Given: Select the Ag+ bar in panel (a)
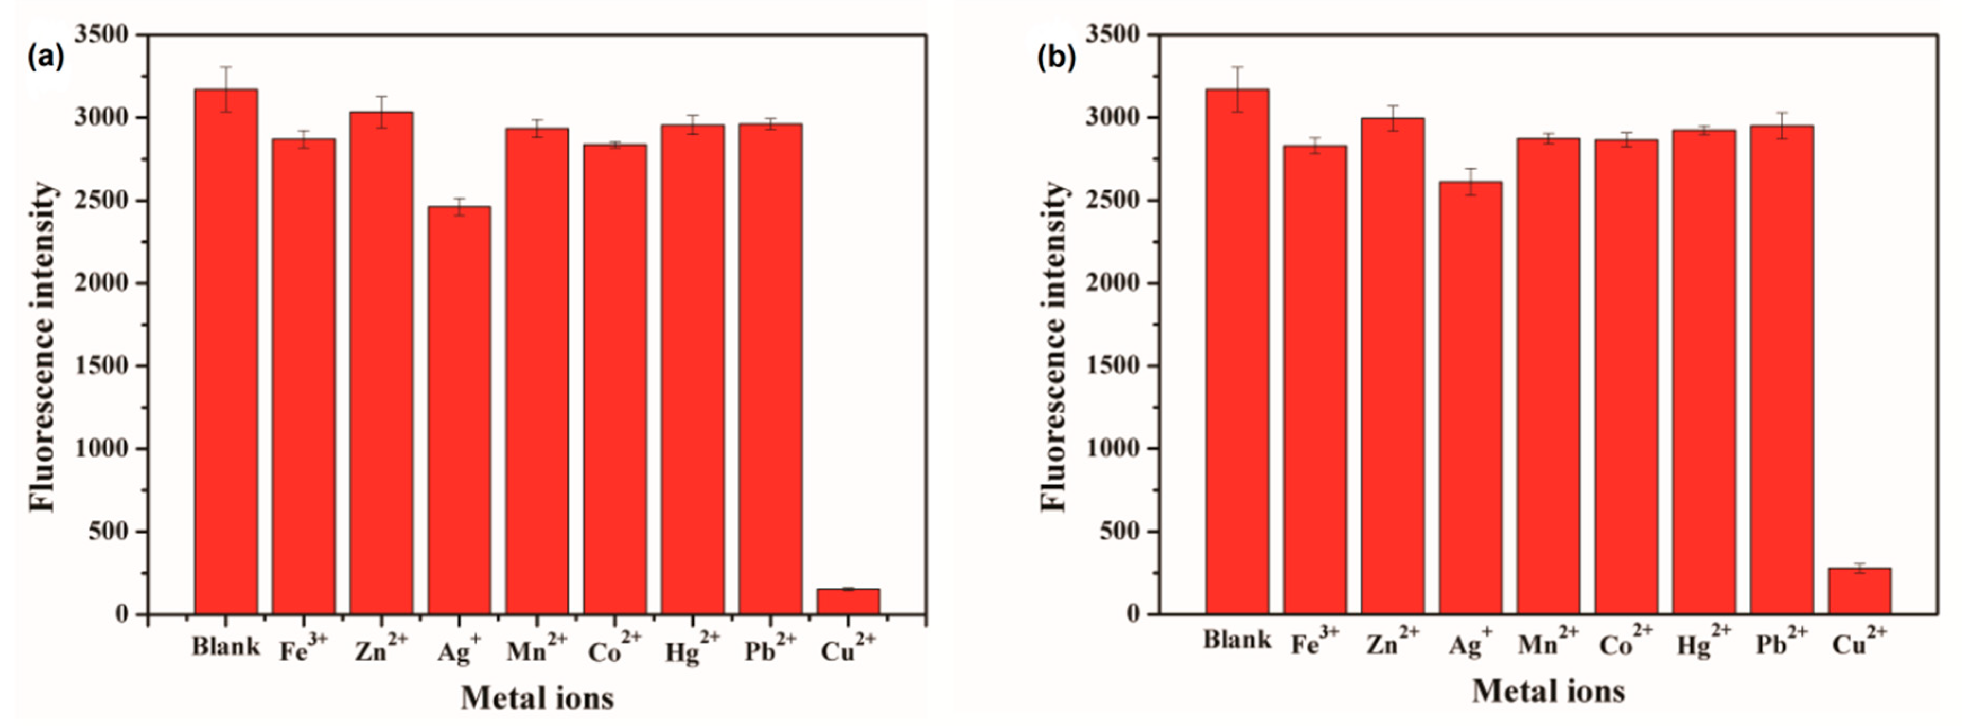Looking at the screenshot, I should click(459, 411).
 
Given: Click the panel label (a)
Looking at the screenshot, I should click(46, 57).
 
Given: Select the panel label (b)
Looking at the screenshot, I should click(1057, 57).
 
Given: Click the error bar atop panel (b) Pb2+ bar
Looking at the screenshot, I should click(1781, 126).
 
